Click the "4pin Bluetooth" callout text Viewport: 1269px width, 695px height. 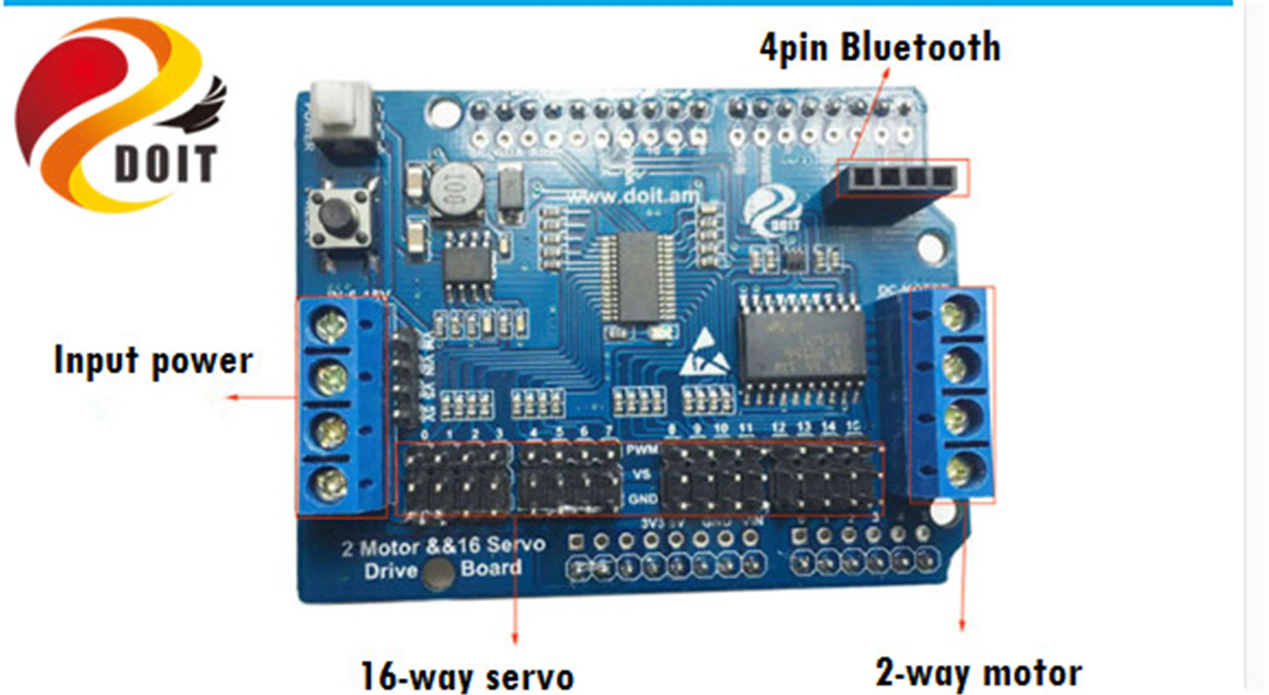[x=879, y=47]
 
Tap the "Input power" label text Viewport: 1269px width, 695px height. [x=153, y=360]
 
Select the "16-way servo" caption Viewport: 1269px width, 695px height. [x=467, y=676]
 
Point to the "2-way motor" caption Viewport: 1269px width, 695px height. [x=979, y=673]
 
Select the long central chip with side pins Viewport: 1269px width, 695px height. [x=638, y=277]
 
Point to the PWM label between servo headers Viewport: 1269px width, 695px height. [x=642, y=449]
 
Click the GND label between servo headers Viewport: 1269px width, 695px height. [x=642, y=499]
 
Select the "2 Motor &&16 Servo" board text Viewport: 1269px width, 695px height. [x=443, y=546]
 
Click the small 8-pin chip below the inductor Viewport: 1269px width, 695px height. [x=467, y=265]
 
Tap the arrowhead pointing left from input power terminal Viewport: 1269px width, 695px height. [x=232, y=397]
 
